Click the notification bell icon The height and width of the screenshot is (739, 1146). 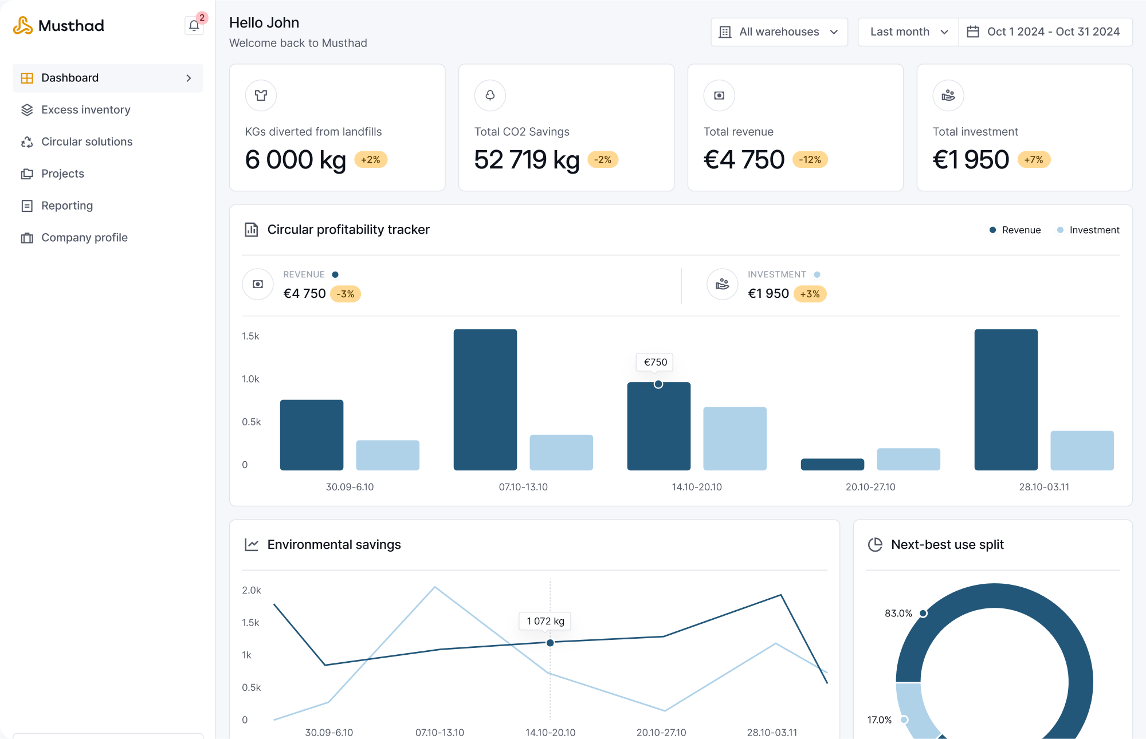194,26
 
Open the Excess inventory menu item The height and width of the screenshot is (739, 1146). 85,109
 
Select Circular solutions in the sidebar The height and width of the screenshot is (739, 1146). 87,141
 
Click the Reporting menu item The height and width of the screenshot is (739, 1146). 66,206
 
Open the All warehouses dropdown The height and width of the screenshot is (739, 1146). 779,32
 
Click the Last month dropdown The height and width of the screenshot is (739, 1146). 908,32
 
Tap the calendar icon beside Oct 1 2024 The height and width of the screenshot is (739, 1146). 973,32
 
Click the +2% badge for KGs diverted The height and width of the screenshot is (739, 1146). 371,160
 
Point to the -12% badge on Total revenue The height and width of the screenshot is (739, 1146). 810,160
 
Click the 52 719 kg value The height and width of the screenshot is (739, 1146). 527,160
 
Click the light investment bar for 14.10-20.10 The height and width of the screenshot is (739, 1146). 735,438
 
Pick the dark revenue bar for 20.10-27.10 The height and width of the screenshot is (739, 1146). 832,464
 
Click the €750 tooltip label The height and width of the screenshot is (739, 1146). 655,362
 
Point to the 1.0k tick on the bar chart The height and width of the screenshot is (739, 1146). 250,379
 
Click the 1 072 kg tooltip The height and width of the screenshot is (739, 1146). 545,621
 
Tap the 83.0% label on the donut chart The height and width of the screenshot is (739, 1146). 898,613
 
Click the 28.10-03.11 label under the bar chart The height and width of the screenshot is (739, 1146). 1043,487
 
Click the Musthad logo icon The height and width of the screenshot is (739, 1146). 23,26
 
